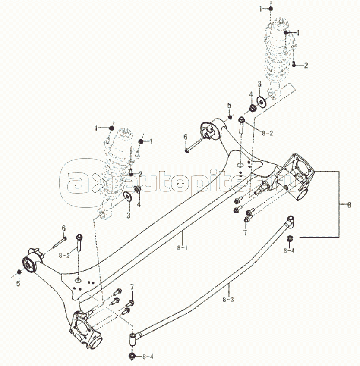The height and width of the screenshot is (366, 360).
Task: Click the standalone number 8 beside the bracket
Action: tap(349, 205)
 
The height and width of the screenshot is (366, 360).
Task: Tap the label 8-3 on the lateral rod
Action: tap(229, 299)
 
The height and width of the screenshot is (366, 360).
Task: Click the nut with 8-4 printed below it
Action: tap(290, 238)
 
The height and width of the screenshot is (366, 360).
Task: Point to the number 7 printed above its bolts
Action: tap(132, 287)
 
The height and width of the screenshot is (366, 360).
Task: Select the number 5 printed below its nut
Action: tap(18, 284)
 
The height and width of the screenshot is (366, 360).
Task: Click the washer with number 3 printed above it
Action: tap(261, 102)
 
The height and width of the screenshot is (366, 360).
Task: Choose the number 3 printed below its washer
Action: tap(128, 215)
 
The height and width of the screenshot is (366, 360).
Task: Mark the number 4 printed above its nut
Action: tap(250, 94)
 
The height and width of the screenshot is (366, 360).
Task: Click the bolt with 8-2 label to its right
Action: tap(241, 125)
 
